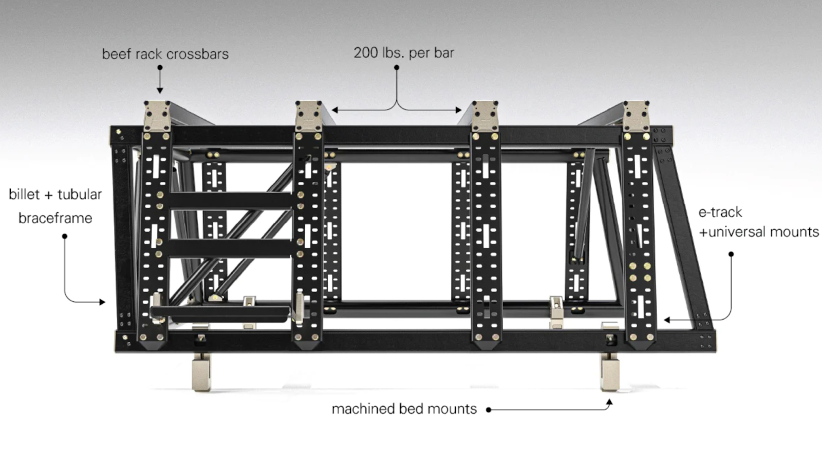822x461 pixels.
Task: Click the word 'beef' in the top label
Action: [x=117, y=54]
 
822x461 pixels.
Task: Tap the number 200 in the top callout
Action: [x=365, y=52]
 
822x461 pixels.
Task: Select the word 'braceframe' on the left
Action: [x=55, y=218]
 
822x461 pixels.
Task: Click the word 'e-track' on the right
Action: [x=720, y=212]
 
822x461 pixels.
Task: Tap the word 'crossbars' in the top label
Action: [x=197, y=54]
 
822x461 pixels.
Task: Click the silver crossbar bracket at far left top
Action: [x=157, y=116]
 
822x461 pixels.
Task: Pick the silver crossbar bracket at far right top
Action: [x=636, y=116]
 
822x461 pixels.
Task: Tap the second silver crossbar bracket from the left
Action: [x=309, y=116]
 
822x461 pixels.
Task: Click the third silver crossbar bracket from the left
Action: [x=485, y=116]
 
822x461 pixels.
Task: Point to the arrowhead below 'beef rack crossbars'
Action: [x=160, y=90]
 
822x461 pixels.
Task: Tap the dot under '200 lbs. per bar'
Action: [x=397, y=67]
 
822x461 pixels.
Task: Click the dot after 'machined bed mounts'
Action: [x=489, y=410]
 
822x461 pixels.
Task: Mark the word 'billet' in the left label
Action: [x=24, y=194]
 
